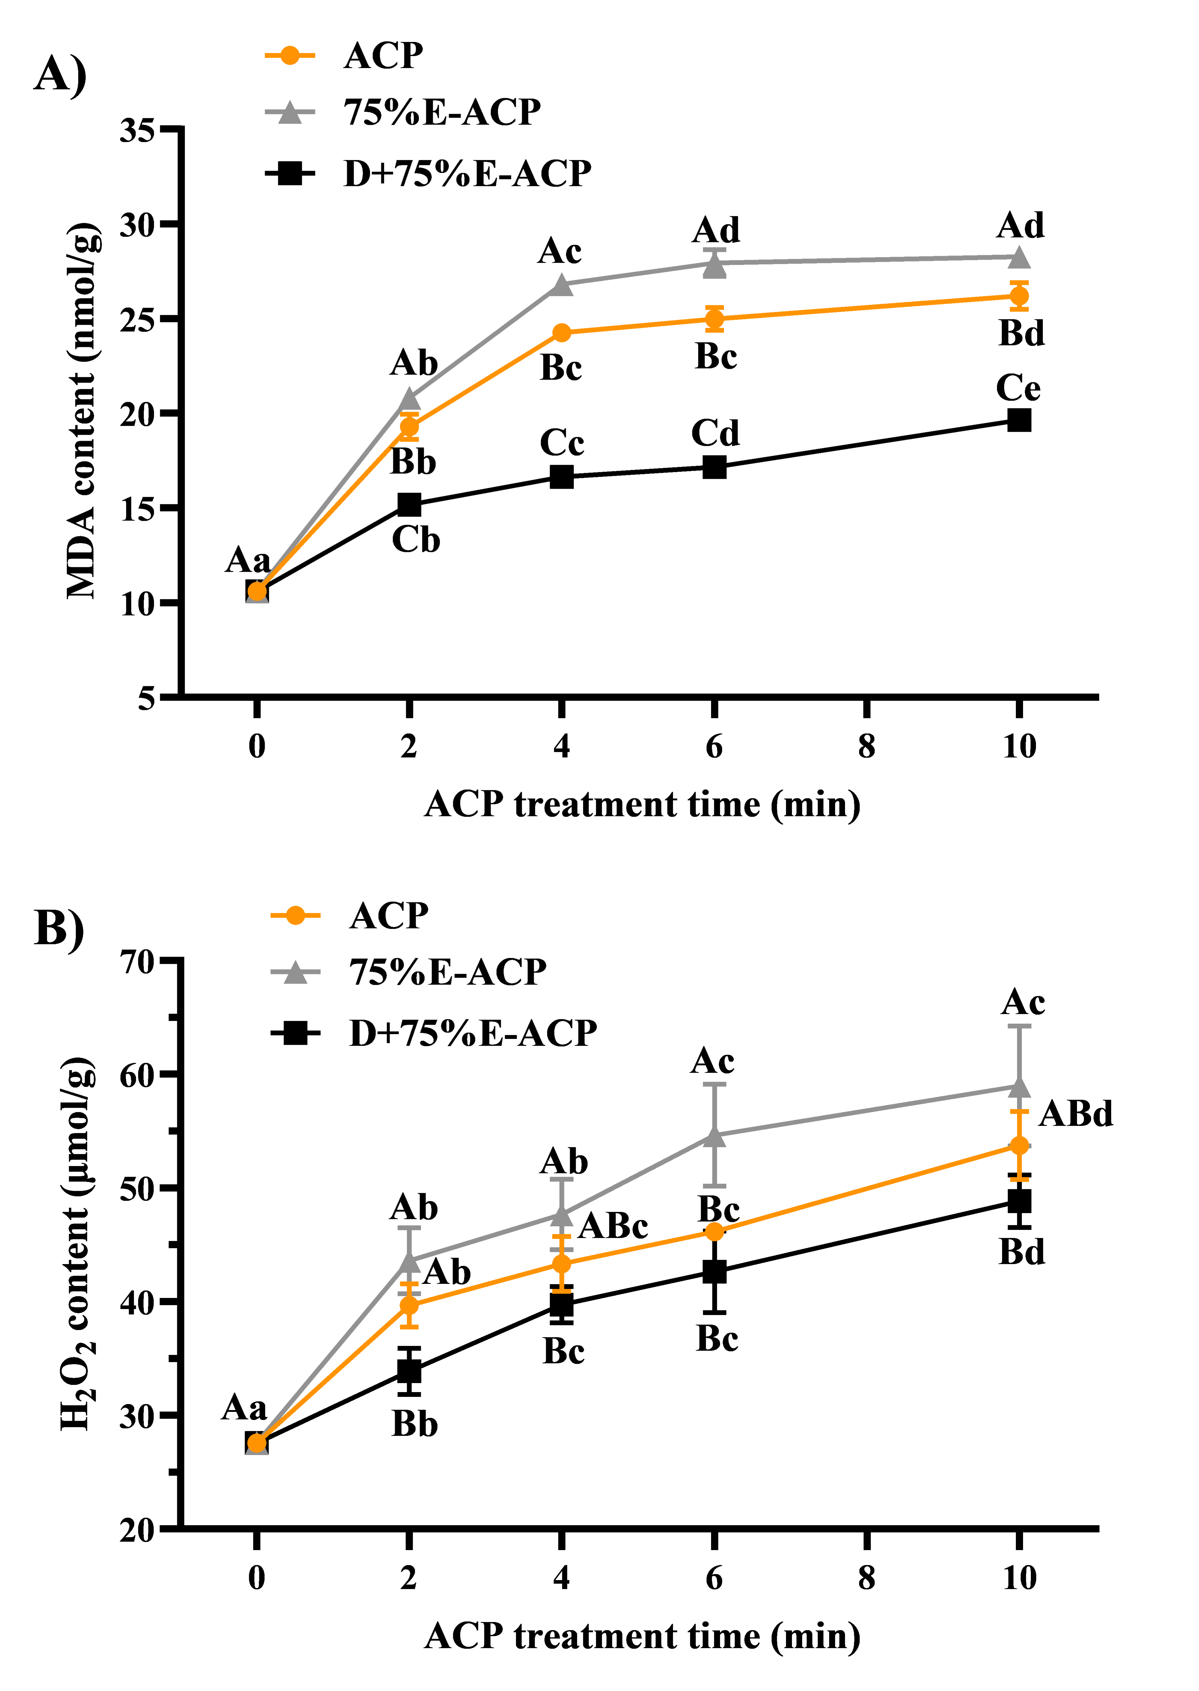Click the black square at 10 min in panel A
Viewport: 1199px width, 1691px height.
[1019, 420]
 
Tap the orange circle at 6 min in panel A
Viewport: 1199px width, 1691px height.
[714, 319]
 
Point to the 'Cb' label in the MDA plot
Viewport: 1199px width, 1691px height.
[416, 540]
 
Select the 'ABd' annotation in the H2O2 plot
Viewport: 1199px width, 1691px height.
[1076, 1114]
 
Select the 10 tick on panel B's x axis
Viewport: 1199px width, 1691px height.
[1019, 1578]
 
